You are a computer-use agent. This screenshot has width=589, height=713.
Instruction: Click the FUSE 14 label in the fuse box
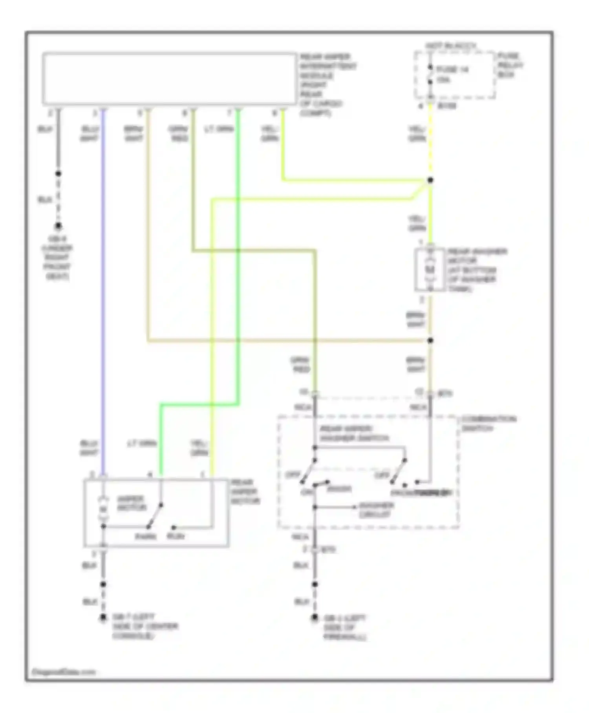pyautogui.click(x=452, y=70)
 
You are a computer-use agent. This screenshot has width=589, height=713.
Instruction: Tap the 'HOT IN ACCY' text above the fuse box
pyautogui.click(x=451, y=46)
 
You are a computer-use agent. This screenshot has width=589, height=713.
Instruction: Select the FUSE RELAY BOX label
pyautogui.click(x=510, y=65)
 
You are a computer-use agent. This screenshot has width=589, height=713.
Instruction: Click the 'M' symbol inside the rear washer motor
pyautogui.click(x=430, y=270)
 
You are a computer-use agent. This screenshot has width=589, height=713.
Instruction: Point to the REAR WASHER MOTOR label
pyautogui.click(x=477, y=270)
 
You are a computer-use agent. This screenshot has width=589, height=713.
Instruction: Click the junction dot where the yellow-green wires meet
pyautogui.click(x=430, y=180)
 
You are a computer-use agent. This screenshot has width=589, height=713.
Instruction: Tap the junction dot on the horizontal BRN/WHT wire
pyautogui.click(x=430, y=340)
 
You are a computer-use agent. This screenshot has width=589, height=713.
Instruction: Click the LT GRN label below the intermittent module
pyautogui.click(x=219, y=129)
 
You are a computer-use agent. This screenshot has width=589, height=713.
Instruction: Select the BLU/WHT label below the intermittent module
pyautogui.click(x=90, y=134)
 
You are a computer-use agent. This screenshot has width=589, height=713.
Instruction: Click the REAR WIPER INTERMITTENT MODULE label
pyautogui.click(x=327, y=85)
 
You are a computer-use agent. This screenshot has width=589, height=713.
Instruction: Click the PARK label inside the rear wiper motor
pyautogui.click(x=146, y=537)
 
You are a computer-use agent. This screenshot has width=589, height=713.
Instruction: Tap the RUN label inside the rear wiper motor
pyautogui.click(x=176, y=537)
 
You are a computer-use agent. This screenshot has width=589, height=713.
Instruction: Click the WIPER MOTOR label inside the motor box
pyautogui.click(x=131, y=503)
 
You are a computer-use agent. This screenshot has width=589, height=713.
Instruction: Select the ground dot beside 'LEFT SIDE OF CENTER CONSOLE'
pyautogui.click(x=103, y=617)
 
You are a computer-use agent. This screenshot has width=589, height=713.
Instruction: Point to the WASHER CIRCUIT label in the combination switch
pyautogui.click(x=376, y=510)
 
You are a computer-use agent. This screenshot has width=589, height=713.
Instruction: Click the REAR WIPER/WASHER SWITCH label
pyautogui.click(x=354, y=434)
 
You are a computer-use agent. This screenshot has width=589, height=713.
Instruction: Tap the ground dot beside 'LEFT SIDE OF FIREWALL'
pyautogui.click(x=315, y=618)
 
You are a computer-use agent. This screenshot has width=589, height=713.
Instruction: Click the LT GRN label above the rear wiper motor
pyautogui.click(x=142, y=444)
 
